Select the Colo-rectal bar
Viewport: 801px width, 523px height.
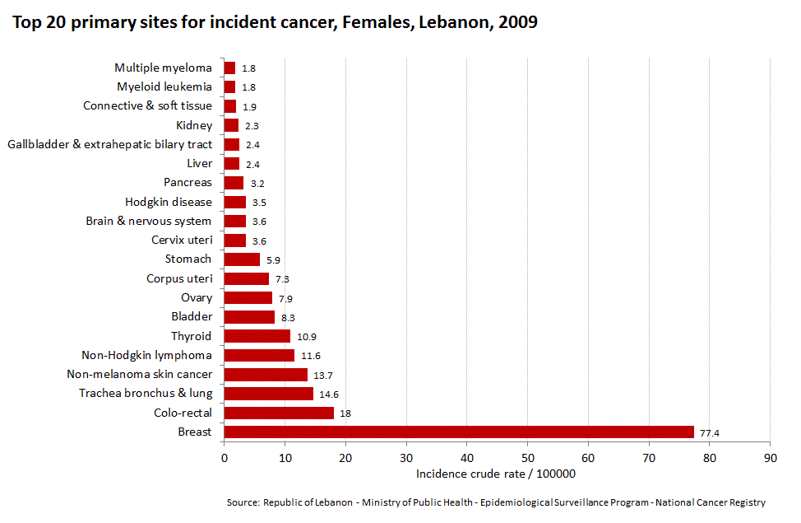(279, 413)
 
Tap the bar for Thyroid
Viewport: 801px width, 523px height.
(257, 336)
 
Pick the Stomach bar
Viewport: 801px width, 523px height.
(242, 259)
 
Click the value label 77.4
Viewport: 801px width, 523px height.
(710, 433)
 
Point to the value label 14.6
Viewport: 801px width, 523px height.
(329, 395)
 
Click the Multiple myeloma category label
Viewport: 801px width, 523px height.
(163, 68)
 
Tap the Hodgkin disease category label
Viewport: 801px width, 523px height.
(168, 202)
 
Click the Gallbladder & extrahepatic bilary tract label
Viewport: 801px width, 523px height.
(109, 144)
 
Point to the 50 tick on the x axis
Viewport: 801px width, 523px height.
(527, 457)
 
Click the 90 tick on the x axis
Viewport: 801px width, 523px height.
(770, 457)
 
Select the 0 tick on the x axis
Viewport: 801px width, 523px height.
(224, 457)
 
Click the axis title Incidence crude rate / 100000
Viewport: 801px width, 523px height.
(495, 474)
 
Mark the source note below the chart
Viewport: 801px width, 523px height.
(496, 502)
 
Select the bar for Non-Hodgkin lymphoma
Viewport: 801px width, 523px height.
(259, 355)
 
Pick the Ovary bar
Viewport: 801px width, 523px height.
(248, 297)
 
